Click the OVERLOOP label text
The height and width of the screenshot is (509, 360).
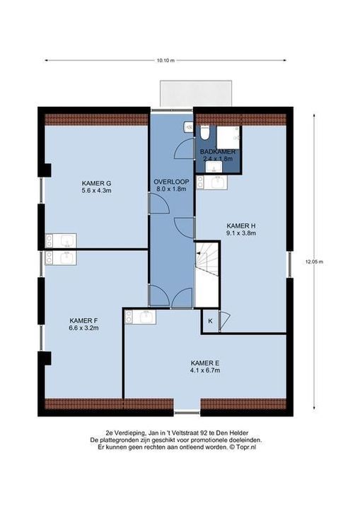[171, 182]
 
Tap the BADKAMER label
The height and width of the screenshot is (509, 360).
[218, 151]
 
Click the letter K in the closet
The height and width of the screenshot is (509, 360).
[210, 321]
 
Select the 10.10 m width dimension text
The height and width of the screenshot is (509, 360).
[166, 60]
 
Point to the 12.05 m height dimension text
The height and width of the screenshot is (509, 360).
[314, 262]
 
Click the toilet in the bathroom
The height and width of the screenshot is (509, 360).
[205, 133]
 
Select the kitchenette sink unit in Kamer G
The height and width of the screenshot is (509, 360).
[61, 240]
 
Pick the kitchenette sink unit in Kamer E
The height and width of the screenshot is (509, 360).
[140, 317]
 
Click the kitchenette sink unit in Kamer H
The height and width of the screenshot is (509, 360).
[212, 182]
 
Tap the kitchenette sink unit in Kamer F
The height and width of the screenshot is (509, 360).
[61, 257]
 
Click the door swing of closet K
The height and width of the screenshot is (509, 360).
[225, 321]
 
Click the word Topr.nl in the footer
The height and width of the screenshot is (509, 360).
[246, 447]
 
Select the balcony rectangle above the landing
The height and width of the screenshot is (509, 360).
[196, 93]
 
